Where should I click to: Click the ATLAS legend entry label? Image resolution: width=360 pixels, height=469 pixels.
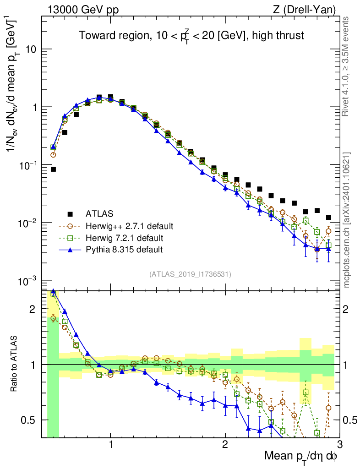[x=98, y=213]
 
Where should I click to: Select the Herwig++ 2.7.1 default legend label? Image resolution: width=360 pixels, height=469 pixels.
[x=129, y=226]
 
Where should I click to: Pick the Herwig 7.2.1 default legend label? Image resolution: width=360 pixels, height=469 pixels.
[x=125, y=238]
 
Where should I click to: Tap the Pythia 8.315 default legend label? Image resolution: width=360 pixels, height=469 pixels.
[x=124, y=250]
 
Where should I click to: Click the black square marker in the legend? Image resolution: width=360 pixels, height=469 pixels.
[x=70, y=214]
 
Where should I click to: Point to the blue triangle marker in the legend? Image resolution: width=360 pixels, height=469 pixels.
[x=70, y=250]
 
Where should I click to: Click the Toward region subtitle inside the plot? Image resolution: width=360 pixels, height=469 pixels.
[x=191, y=36]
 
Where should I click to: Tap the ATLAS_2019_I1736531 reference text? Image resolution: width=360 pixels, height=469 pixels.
[x=190, y=274]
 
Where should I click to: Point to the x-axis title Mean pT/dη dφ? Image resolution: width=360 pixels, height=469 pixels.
[x=301, y=456]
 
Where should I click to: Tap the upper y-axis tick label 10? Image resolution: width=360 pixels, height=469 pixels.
[x=31, y=49]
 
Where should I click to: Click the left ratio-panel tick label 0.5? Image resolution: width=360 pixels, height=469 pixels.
[x=31, y=420]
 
